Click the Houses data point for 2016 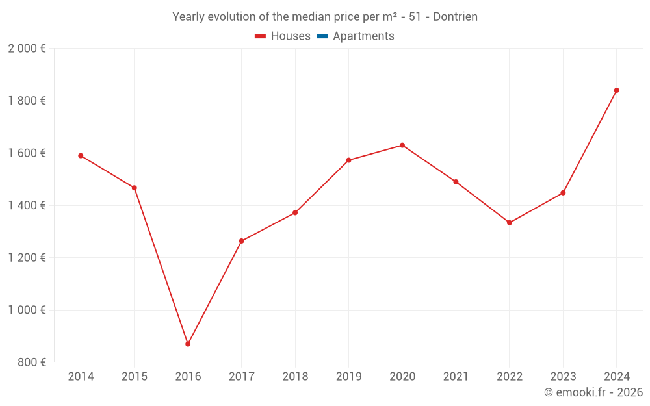coord(188,344)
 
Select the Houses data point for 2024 coord(617,90)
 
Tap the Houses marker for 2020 coord(402,146)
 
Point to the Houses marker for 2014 coord(81,156)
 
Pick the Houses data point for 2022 coord(510,223)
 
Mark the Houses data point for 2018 coord(295,213)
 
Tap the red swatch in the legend coord(261,36)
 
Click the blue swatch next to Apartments coord(322,36)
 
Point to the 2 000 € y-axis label coord(27,49)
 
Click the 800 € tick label coord(32,362)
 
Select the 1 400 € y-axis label coord(27,205)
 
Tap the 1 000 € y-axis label coord(27,310)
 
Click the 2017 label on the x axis coord(241,377)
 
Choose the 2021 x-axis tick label coord(456,377)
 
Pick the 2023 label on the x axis coord(563,377)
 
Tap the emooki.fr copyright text coord(593,392)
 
